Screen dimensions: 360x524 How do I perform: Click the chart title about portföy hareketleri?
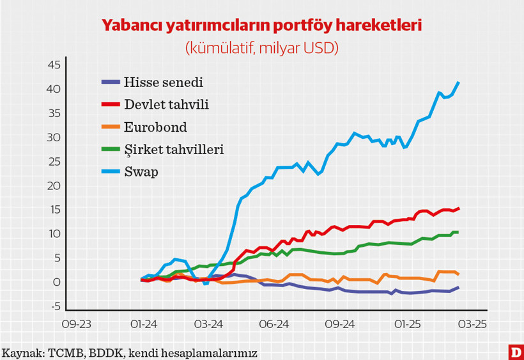click(x=262, y=26)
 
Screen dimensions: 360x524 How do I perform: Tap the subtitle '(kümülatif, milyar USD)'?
click(x=262, y=48)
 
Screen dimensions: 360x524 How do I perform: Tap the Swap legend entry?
click(x=141, y=172)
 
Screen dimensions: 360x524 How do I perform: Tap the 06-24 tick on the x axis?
click(x=273, y=324)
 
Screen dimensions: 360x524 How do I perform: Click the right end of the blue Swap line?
click(x=458, y=82)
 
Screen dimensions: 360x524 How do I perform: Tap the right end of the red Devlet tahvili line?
click(x=458, y=208)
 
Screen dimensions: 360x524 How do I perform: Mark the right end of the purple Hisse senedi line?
click(x=458, y=288)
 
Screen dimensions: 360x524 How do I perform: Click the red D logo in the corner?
click(x=514, y=351)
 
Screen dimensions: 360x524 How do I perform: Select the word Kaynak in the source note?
click(x=21, y=352)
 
